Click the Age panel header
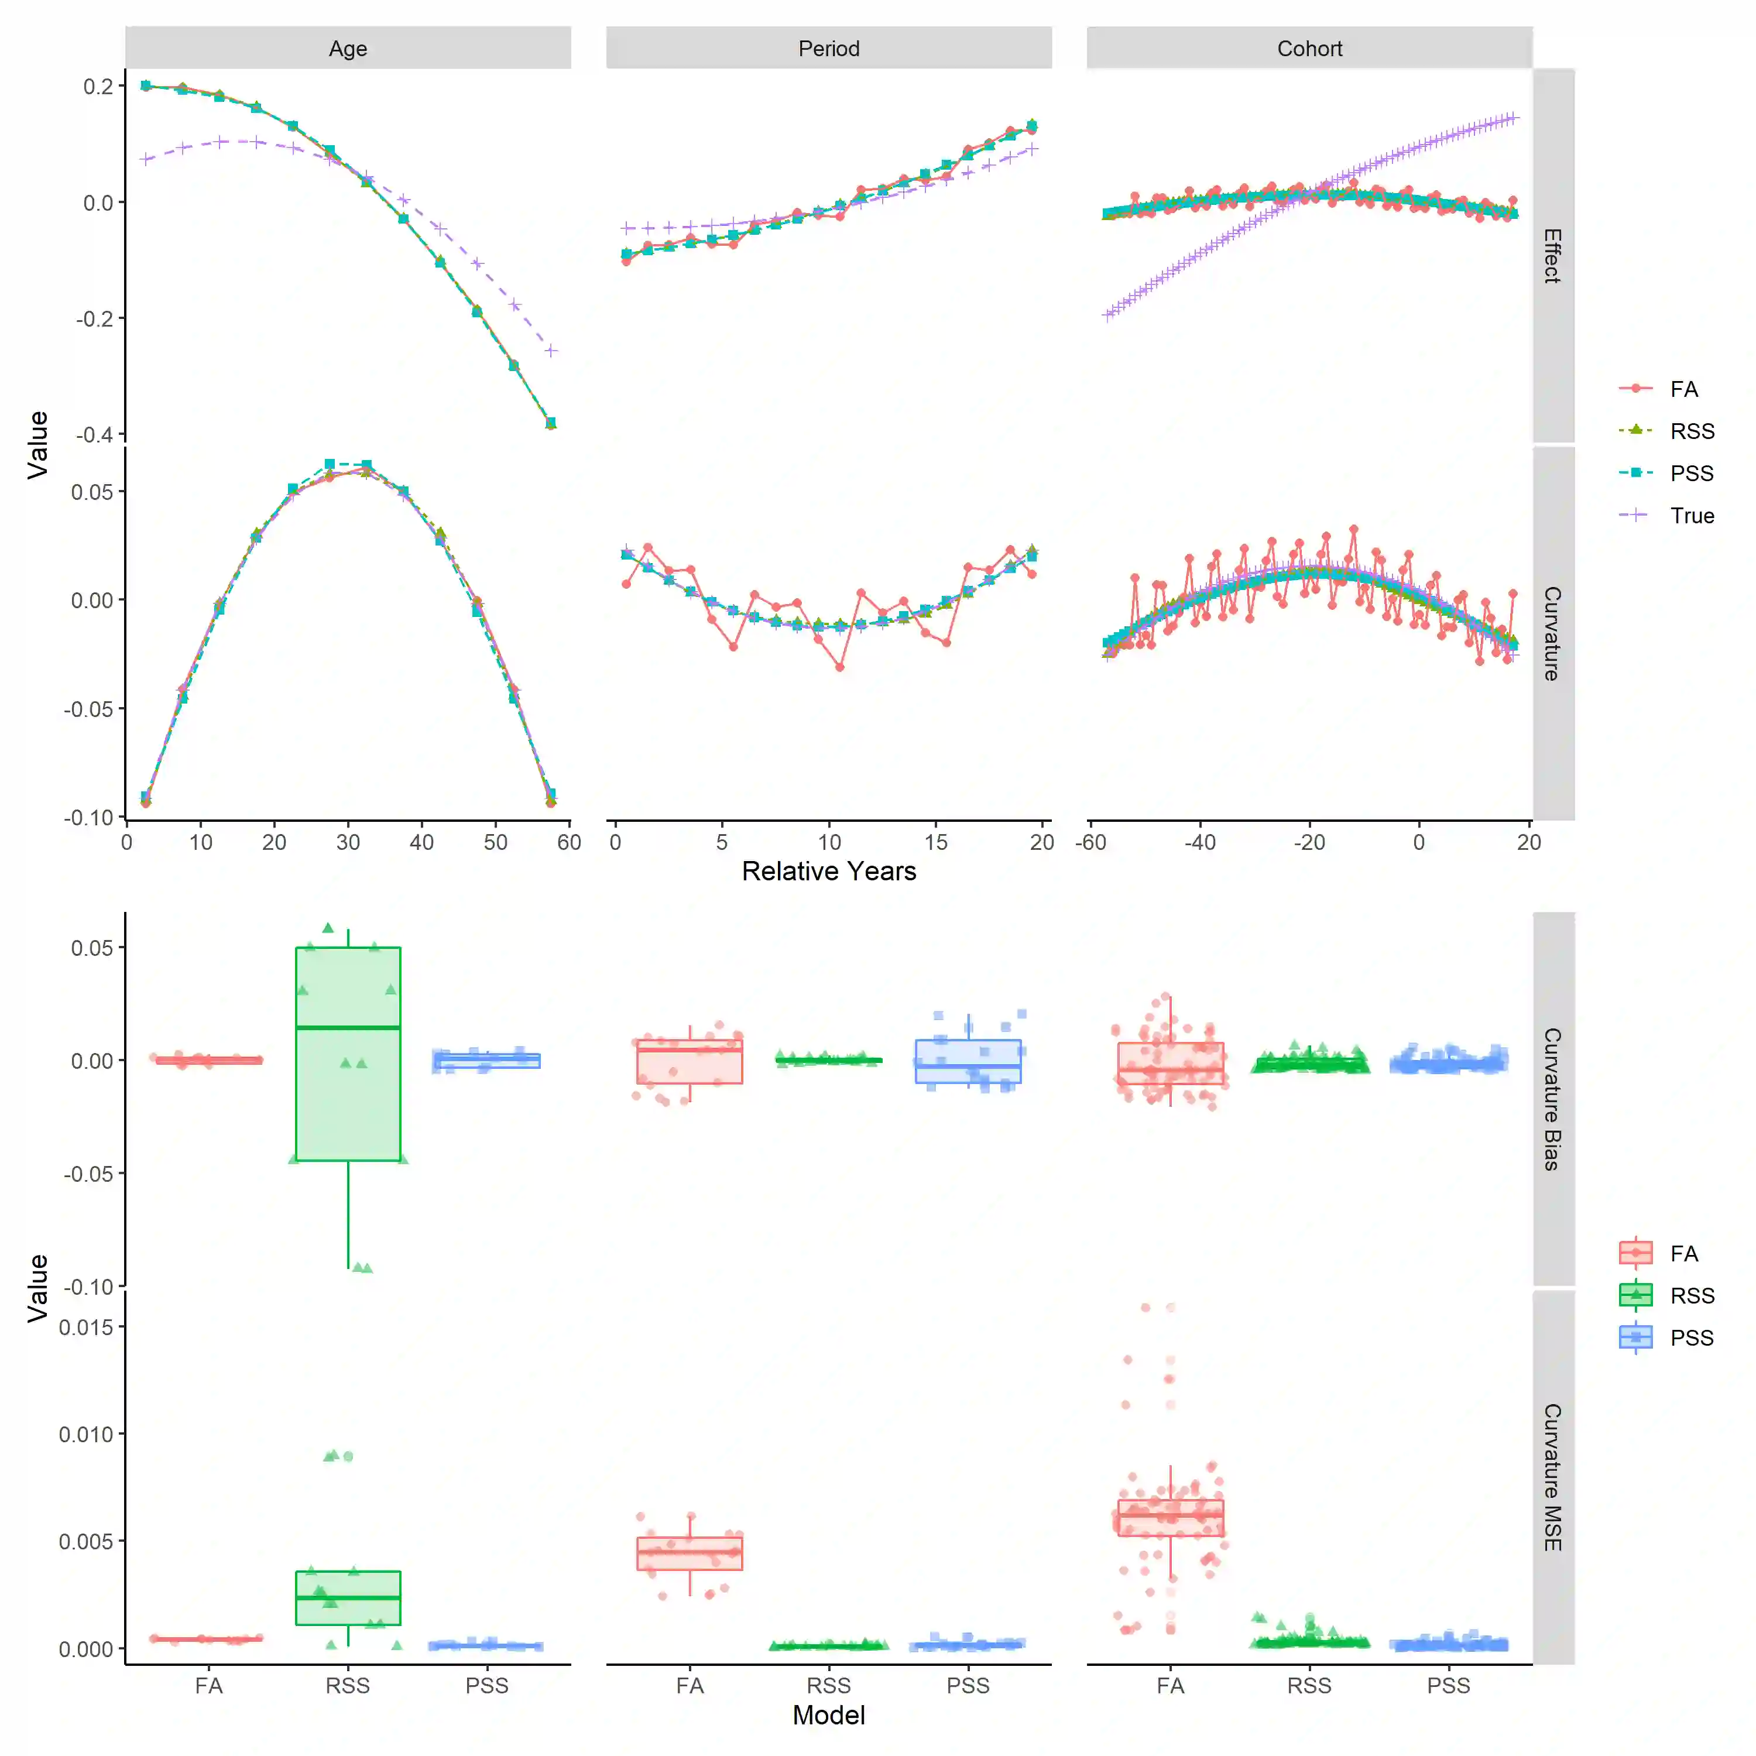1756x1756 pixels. pos(348,48)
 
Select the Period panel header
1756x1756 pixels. pos(828,48)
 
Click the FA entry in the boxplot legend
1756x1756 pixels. pos(1683,1253)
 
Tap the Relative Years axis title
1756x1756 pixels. pos(828,871)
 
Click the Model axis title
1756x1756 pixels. pos(828,1715)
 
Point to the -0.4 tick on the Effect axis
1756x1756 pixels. pos(94,434)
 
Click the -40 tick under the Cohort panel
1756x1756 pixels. pos(1200,842)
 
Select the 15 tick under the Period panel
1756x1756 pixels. pos(935,842)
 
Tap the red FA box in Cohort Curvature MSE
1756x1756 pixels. pos(1171,1517)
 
